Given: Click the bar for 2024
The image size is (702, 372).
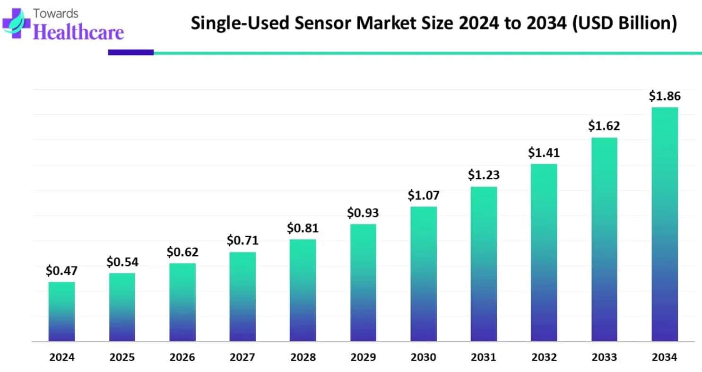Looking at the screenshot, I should [x=61, y=311].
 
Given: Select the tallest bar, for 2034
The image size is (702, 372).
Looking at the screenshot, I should [x=665, y=224].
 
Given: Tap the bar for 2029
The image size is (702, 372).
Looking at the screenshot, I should [x=363, y=282].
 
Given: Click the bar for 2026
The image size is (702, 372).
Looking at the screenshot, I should [x=182, y=302].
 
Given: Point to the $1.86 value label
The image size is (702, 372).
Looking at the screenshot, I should [x=664, y=96].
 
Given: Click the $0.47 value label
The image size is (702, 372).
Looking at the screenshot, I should [x=61, y=271].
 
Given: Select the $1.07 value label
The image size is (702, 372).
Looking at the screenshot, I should [x=424, y=195].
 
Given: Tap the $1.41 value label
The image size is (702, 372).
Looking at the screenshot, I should [x=544, y=153].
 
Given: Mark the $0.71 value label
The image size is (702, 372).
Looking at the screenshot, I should [x=243, y=241].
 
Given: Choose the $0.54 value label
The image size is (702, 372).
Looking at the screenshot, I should [x=122, y=261].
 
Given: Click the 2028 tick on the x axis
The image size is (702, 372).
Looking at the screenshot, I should [x=303, y=357].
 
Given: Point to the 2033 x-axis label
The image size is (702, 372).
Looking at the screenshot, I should [x=604, y=357].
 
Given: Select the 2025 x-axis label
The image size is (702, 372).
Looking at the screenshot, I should [x=122, y=357].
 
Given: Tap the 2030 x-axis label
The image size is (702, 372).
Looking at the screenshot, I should [x=424, y=357].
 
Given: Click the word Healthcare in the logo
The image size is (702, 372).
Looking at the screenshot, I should [x=79, y=32].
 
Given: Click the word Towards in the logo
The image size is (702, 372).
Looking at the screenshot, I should [x=56, y=13].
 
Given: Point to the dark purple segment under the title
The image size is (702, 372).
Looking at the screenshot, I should [x=130, y=52].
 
